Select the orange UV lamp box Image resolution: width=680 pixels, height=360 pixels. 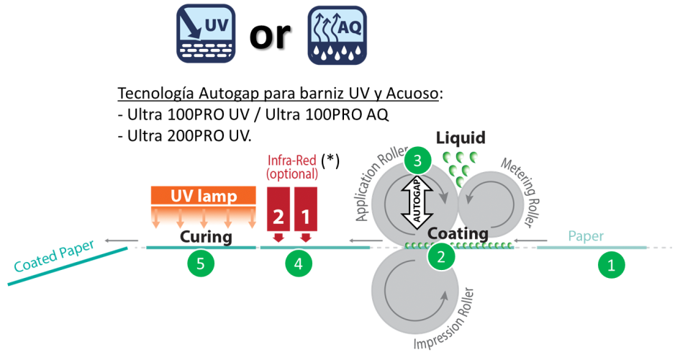point(204,196)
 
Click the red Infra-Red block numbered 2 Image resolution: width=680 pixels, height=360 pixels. point(278,209)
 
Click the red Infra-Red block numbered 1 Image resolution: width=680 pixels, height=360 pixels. point(305,209)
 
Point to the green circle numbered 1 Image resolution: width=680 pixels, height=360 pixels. point(612,264)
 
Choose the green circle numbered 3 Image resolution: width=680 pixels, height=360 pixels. point(417,161)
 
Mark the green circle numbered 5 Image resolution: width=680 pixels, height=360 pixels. point(201,264)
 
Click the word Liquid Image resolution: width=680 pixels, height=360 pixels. point(461,138)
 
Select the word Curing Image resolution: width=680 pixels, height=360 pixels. point(205,237)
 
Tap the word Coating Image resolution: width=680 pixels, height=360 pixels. point(458,233)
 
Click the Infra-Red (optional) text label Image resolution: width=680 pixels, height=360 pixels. point(291,168)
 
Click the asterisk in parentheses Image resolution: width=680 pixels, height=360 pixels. point(330,161)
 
